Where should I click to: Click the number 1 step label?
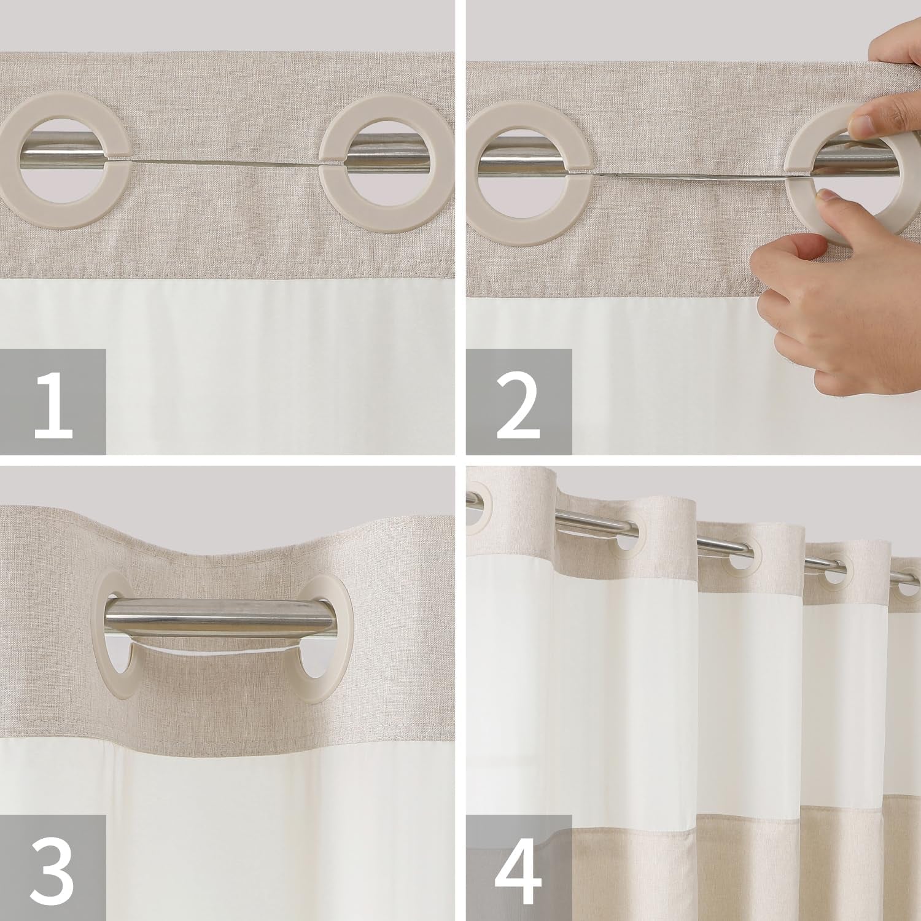[x=53, y=402]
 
